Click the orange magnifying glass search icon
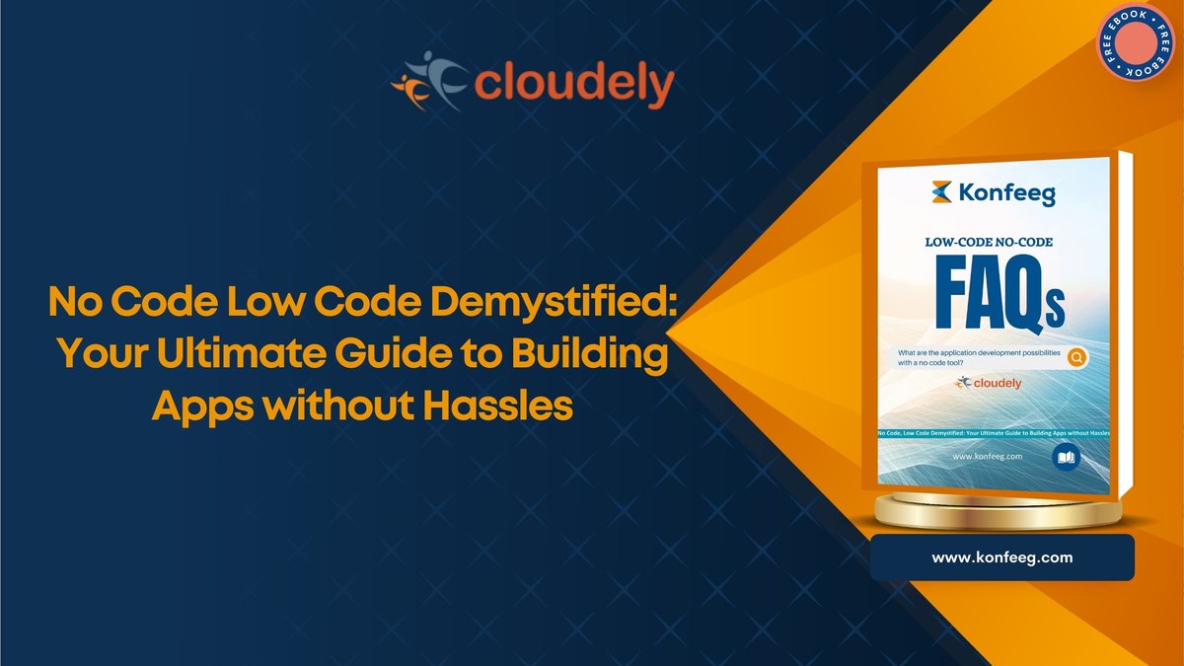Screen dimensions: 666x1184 1076,357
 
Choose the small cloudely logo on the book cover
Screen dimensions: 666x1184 989,383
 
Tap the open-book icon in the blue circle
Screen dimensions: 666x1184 1066,456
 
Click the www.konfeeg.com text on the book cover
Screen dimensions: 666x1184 989,457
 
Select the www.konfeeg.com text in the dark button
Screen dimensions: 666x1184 1001,557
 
